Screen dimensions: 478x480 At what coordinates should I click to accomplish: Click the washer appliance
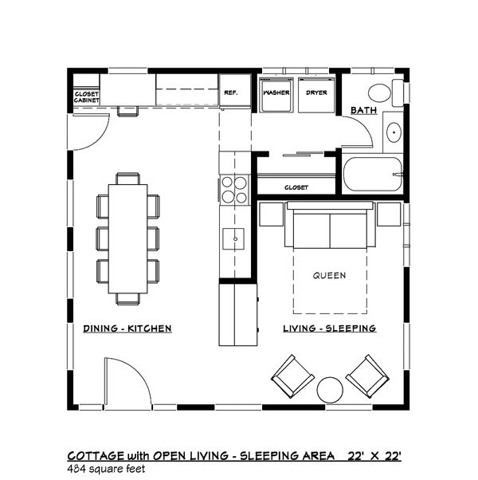point(276,95)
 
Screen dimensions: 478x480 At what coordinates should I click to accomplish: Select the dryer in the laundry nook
point(316,95)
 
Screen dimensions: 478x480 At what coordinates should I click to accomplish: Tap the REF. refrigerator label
point(231,92)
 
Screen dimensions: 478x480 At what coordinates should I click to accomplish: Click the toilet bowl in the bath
point(379,92)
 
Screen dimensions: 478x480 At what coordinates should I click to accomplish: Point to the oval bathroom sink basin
point(394,132)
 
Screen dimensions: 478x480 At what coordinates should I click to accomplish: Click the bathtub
point(373,175)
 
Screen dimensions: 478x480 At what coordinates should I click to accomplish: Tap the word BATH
point(363,110)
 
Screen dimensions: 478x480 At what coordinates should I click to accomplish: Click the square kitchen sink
point(233,238)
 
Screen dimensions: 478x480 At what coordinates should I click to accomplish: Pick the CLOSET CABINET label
point(87,97)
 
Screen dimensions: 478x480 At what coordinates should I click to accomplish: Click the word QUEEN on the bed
point(329,276)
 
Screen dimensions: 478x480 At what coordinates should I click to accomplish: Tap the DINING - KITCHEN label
point(127,329)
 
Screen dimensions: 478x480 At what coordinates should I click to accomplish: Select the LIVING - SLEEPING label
point(329,329)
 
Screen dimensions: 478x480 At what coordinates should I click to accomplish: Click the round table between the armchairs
point(330,390)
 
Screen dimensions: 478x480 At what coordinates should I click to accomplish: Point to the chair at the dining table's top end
point(127,179)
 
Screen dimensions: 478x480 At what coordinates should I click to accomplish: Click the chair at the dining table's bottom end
point(128,299)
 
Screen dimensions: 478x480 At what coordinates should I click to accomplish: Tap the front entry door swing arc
point(140,372)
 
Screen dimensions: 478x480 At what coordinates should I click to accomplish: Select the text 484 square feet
point(107,469)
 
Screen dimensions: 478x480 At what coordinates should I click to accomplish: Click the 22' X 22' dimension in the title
point(374,456)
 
